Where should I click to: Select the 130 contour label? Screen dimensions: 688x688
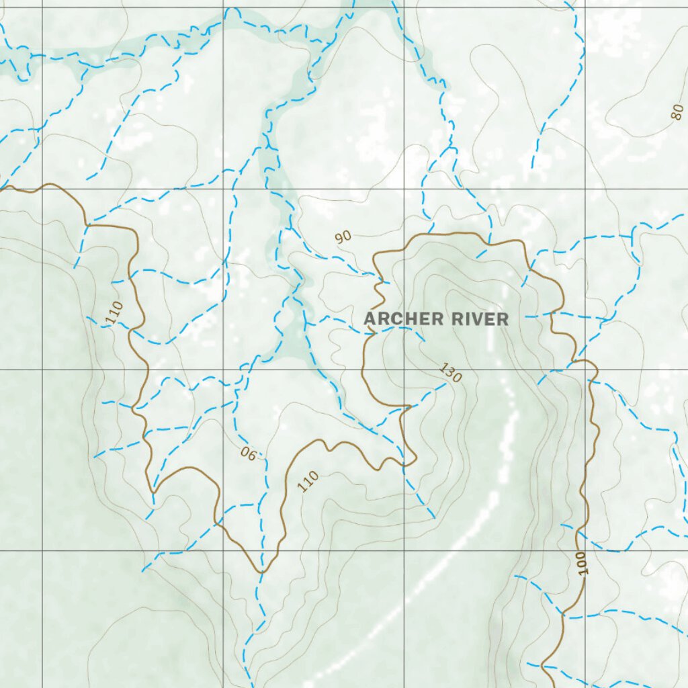[451, 373]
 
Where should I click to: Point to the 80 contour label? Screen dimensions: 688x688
[677, 112]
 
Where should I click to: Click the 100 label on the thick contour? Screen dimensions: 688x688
[581, 563]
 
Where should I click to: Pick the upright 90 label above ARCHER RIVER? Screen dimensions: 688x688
[343, 236]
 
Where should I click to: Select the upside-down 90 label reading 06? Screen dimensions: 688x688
[248, 454]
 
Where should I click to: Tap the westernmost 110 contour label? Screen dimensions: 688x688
[115, 312]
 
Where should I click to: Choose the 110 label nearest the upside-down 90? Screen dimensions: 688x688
[308, 481]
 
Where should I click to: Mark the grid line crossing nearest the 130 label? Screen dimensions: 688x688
[404, 370]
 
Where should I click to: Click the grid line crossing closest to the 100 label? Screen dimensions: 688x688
[585, 550]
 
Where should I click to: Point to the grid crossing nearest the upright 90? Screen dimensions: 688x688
[404, 189]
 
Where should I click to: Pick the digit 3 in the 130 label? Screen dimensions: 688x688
[451, 373]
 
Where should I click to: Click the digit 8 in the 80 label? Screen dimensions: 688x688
[675, 114]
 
